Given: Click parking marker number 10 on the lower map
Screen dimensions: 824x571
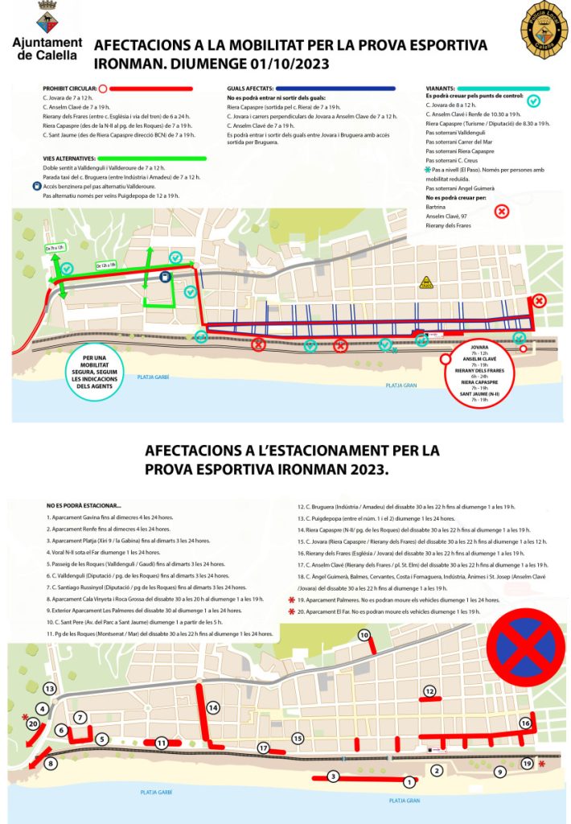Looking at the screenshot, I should [364, 636].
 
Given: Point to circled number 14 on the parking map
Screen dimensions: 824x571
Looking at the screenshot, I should [213, 707].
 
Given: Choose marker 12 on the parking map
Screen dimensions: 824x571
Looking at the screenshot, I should [430, 691].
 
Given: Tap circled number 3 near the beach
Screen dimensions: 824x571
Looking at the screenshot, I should [333, 776].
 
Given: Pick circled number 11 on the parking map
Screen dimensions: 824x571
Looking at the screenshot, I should [162, 742].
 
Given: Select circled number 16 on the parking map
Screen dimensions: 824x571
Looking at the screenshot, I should [525, 723].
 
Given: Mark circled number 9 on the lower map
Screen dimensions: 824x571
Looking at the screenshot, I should [499, 772].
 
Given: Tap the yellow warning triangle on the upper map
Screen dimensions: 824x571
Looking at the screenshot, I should [426, 282].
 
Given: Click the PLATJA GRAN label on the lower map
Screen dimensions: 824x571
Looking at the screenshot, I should [404, 801].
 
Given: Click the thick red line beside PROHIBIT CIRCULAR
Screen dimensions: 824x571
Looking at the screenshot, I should [153, 88].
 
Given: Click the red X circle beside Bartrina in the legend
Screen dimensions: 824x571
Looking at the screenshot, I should [501, 212].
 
